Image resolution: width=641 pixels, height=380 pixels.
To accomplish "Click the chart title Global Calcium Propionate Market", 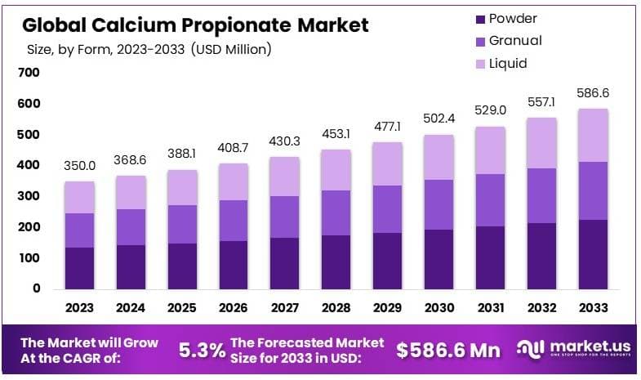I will (x=196, y=25).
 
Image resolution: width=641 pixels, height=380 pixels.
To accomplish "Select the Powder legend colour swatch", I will (x=480, y=18).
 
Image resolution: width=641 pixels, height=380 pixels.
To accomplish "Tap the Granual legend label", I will (x=514, y=40).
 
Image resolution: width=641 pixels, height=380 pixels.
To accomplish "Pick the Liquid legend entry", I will (x=508, y=63).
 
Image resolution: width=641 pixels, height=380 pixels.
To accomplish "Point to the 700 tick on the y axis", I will (x=29, y=73).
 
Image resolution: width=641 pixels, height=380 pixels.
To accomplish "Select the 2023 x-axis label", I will (x=79, y=308).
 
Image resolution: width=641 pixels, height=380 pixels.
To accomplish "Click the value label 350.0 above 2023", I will (x=80, y=165).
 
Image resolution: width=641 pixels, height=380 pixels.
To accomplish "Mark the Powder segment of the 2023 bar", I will (x=80, y=268).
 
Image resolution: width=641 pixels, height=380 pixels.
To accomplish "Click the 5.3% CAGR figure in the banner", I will (x=203, y=351).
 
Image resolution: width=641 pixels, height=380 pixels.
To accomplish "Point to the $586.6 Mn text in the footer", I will (x=447, y=351).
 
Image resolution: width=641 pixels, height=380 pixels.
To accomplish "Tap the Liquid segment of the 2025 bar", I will (x=181, y=188).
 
